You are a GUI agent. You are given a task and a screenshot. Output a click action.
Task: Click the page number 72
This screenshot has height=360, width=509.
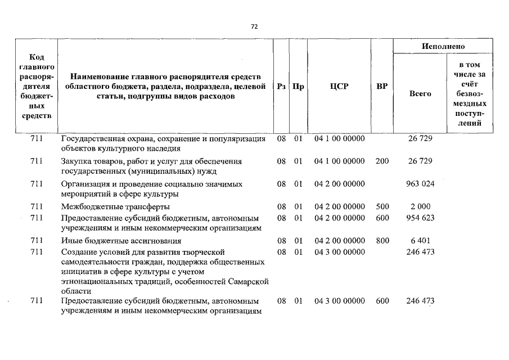point(254,26)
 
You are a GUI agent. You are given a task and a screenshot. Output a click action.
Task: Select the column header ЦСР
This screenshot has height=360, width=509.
point(339,87)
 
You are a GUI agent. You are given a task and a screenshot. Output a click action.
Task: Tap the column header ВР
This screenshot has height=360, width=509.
point(382,87)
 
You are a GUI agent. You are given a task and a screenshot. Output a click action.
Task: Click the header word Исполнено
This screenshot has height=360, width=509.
point(443,46)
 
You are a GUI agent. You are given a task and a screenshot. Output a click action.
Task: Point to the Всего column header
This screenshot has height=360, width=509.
point(420,94)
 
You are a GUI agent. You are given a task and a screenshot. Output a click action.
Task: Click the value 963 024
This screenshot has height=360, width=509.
point(420,184)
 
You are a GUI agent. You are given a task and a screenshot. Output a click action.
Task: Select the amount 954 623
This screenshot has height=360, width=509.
point(420,218)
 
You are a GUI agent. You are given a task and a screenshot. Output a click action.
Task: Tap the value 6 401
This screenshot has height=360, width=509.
point(420,241)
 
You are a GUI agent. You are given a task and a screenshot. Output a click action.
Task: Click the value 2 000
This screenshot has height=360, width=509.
point(420,206)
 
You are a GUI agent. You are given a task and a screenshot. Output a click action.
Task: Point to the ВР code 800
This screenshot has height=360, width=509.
point(382,241)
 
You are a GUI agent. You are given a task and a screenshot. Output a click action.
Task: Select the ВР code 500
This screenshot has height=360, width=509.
point(382,206)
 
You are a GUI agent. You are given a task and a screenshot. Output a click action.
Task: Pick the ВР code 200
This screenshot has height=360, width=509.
point(382,161)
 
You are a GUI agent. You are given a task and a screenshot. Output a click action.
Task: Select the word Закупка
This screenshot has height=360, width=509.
point(76,161)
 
